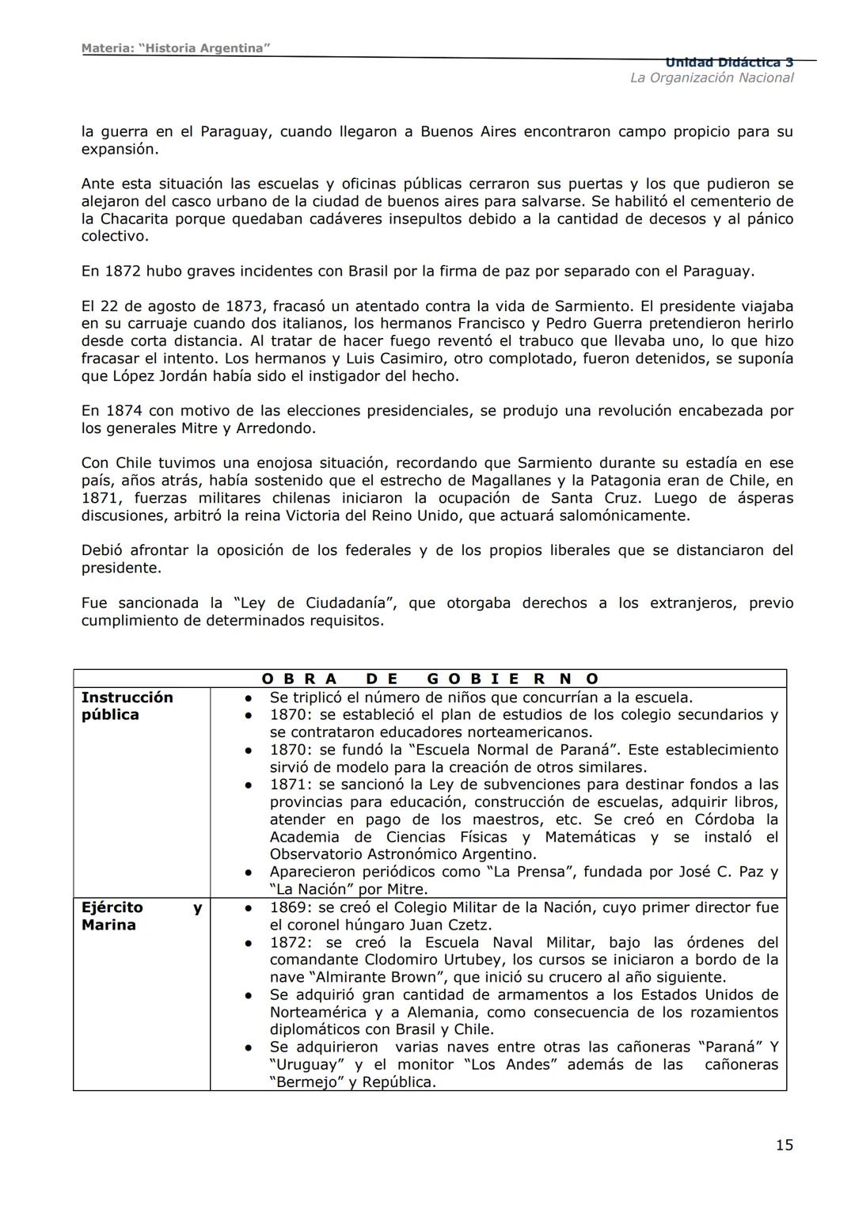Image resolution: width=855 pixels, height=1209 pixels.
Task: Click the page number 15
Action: click(784, 1145)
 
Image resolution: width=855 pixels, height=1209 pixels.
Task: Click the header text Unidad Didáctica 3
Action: click(729, 63)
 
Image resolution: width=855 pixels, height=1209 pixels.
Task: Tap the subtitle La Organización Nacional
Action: click(711, 78)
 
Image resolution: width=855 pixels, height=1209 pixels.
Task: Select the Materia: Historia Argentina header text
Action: click(176, 48)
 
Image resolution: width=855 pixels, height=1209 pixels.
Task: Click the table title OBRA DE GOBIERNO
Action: click(430, 679)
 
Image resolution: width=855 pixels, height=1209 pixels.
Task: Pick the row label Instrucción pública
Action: click(127, 705)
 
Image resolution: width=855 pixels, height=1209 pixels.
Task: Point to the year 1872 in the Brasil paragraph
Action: click(123, 272)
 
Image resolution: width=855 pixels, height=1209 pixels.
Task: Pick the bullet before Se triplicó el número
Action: click(248, 698)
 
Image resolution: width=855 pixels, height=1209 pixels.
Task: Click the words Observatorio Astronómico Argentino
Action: click(403, 854)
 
